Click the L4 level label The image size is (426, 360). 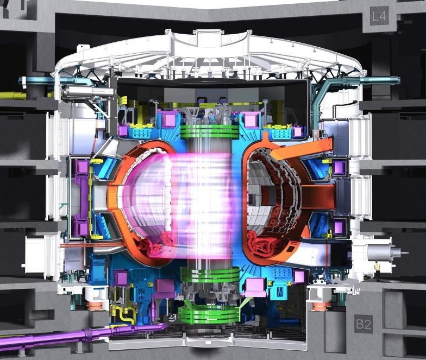[x=379, y=16]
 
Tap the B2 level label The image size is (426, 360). [x=363, y=324]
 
